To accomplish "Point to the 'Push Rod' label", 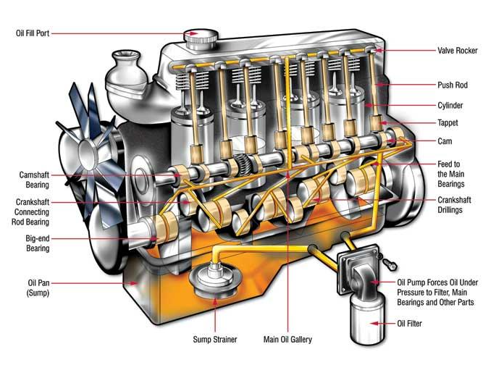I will coord(453,85).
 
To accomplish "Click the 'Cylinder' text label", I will coord(451,105).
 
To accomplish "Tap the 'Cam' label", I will coord(445,141).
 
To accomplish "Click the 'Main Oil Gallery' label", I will coord(287,338).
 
